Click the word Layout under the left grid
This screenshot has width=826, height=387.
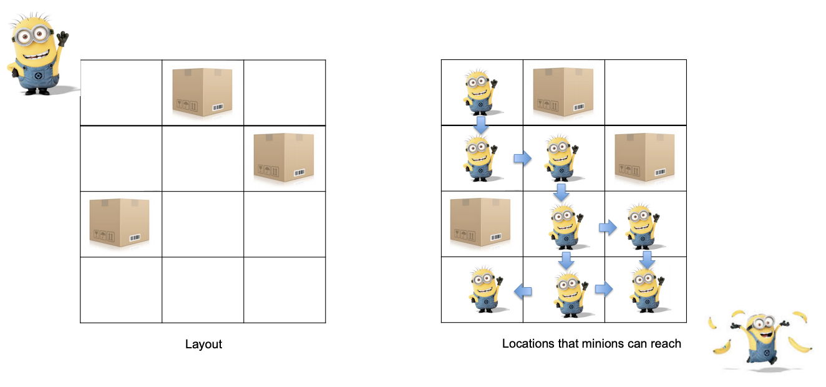click(203, 344)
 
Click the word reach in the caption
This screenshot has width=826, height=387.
click(666, 343)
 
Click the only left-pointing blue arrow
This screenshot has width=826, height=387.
click(523, 291)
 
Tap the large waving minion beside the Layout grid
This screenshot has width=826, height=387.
click(38, 54)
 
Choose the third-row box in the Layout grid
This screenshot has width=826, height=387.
click(120, 223)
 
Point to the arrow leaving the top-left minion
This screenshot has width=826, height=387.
click(481, 125)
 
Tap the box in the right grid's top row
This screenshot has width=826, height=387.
click(563, 92)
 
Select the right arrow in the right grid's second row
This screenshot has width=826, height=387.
click(523, 159)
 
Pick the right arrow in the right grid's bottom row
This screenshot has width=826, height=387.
click(604, 289)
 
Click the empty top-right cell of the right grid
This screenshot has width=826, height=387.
click(646, 92)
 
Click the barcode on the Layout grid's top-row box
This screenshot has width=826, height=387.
click(218, 107)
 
